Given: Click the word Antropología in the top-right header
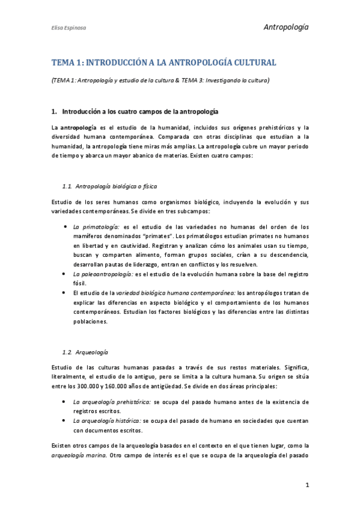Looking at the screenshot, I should [286, 26].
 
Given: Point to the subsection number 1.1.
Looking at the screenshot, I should [67, 186].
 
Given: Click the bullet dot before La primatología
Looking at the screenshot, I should [64, 227].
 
